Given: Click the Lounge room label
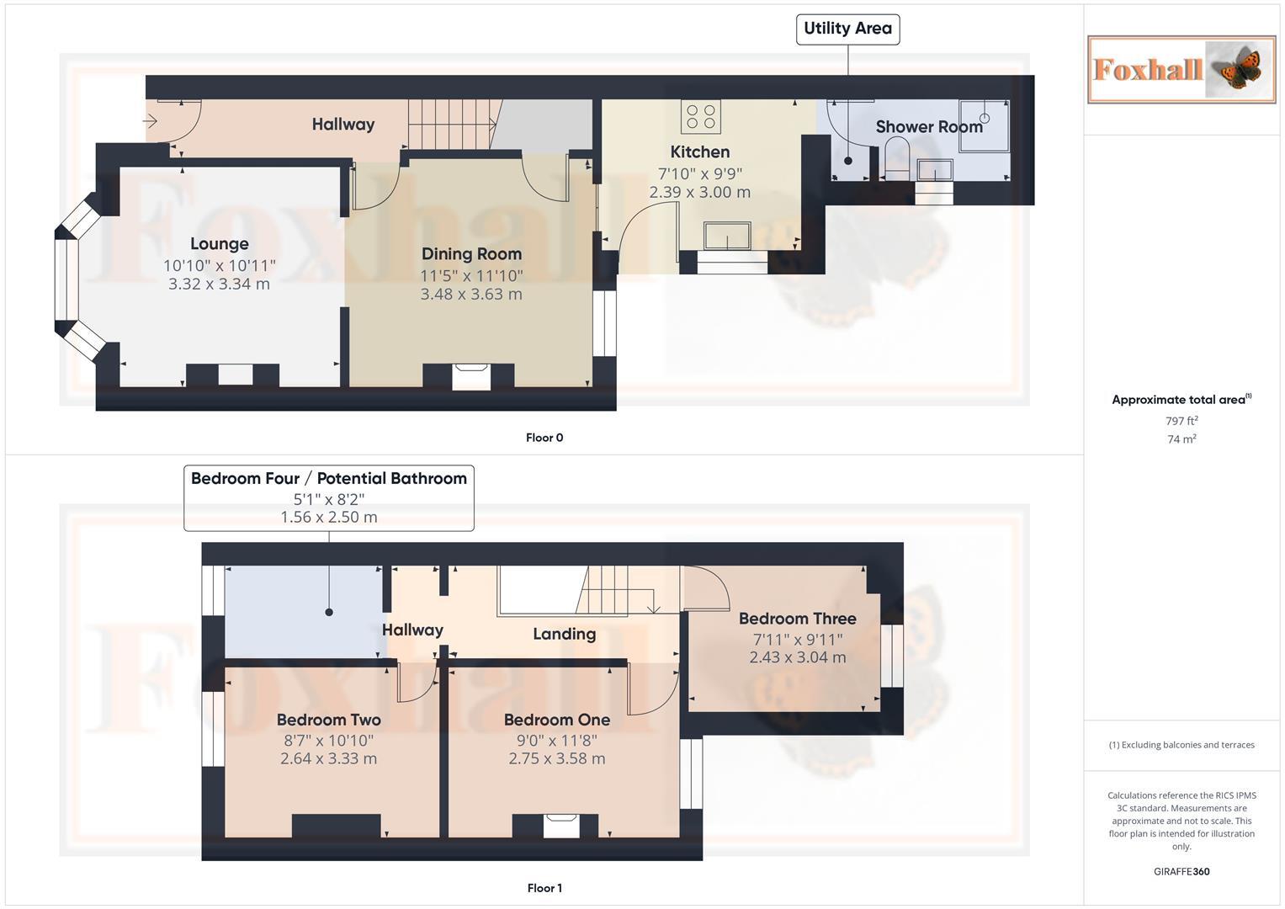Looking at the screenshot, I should click(219, 244).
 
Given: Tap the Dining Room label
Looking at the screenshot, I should click(471, 254).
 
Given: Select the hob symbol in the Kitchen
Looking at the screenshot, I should click(700, 117).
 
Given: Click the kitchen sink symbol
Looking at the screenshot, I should click(727, 236).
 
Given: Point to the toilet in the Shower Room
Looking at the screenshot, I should click(897, 159).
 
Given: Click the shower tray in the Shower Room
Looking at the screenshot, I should click(984, 125).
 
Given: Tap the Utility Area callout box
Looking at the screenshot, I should click(847, 29).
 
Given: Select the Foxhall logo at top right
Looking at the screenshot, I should click(1181, 69).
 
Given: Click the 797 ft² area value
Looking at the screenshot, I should click(1181, 421).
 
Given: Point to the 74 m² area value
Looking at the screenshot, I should click(1181, 439).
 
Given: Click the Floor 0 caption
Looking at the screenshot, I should click(544, 438).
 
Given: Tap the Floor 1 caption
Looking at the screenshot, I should click(544, 888).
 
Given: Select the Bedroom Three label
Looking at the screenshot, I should click(797, 619).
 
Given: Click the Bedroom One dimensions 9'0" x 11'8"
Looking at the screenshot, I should click(556, 741).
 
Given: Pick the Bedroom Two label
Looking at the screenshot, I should click(328, 720).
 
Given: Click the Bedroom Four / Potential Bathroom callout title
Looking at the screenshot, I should click(328, 479).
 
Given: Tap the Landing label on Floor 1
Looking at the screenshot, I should click(564, 634).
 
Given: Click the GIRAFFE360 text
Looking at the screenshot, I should click(1181, 872).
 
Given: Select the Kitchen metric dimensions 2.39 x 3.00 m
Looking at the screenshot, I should click(699, 192).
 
